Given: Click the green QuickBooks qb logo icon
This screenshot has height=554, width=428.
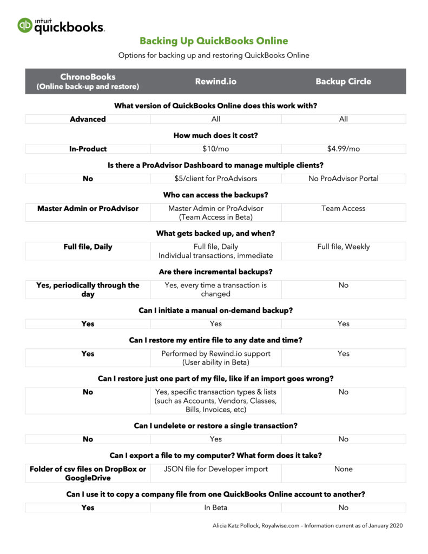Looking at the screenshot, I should coord(25,25).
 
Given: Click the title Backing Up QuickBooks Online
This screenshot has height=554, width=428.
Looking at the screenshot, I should coord(214,41).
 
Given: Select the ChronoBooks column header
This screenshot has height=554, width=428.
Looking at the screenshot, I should coord(88,81).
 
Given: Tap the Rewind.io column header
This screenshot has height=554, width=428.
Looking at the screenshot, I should coord(215,81).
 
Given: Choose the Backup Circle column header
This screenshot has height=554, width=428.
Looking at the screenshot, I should coord(343,81).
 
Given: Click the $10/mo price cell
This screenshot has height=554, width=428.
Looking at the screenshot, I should coord(215,149).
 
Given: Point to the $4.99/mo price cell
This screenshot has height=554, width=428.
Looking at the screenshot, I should coord(343,149).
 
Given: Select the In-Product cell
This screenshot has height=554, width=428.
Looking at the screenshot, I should coord(88,149).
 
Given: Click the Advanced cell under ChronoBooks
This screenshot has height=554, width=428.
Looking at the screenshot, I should coord(88,119).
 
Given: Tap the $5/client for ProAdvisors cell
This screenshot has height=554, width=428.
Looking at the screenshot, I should coord(215,179).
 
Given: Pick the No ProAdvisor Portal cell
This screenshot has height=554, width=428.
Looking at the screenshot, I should coord(343,179).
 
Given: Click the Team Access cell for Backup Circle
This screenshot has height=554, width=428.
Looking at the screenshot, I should coord(343,208).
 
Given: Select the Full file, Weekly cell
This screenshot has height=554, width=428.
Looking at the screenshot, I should coord(343,247).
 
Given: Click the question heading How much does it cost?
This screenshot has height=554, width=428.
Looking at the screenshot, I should coord(215,135).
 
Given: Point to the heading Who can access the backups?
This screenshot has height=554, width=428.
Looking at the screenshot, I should coord(215,195).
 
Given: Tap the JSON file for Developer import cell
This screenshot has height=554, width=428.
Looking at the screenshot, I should coord(215,469).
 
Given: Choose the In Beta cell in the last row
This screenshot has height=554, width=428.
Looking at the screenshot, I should coord(215,507).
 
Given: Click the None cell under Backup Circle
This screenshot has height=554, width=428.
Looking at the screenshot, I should coord(343,469).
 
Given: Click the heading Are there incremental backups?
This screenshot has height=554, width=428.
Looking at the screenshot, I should coord(215,272).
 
